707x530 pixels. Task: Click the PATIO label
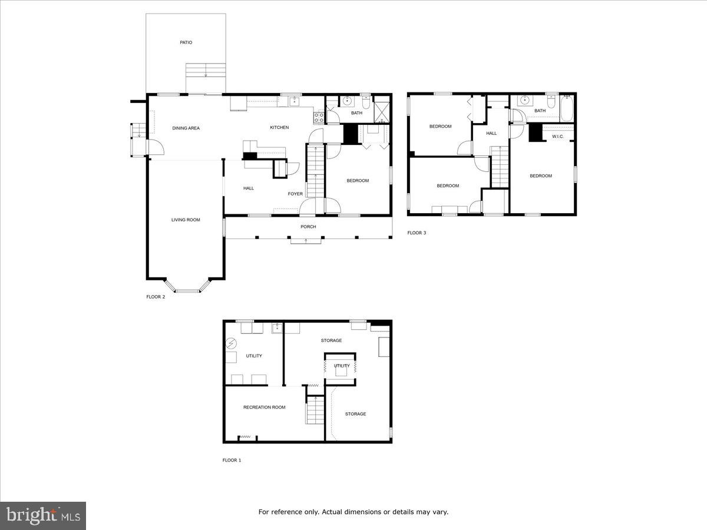click(186, 42)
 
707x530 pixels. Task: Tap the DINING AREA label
click(186, 128)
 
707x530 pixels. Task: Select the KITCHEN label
click(279, 128)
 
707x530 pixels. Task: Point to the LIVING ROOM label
click(186, 220)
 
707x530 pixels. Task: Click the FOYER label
click(295, 194)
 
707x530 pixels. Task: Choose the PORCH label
click(308, 227)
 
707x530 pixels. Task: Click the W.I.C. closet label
click(558, 137)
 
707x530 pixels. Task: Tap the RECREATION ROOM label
click(264, 407)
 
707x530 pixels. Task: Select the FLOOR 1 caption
click(232, 460)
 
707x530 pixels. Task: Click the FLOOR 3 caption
click(417, 233)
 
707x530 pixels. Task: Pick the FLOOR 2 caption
click(156, 297)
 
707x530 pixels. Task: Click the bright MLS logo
click(43, 516)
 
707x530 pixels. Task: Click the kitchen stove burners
click(319, 117)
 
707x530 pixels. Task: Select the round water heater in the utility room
click(232, 343)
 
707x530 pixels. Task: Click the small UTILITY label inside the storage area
click(341, 366)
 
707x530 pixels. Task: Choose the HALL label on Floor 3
click(491, 133)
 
